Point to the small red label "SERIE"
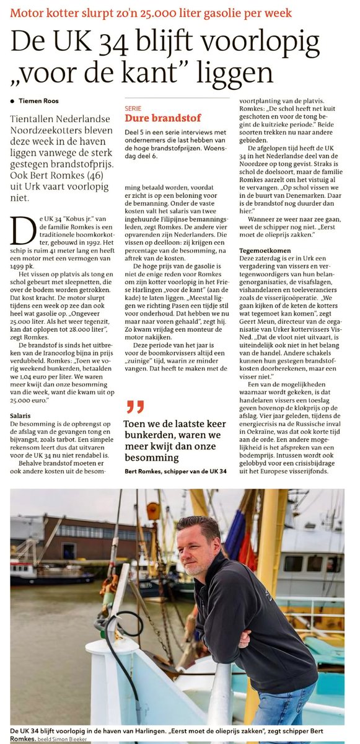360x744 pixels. point(133,107)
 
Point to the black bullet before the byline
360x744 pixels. point(12,101)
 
